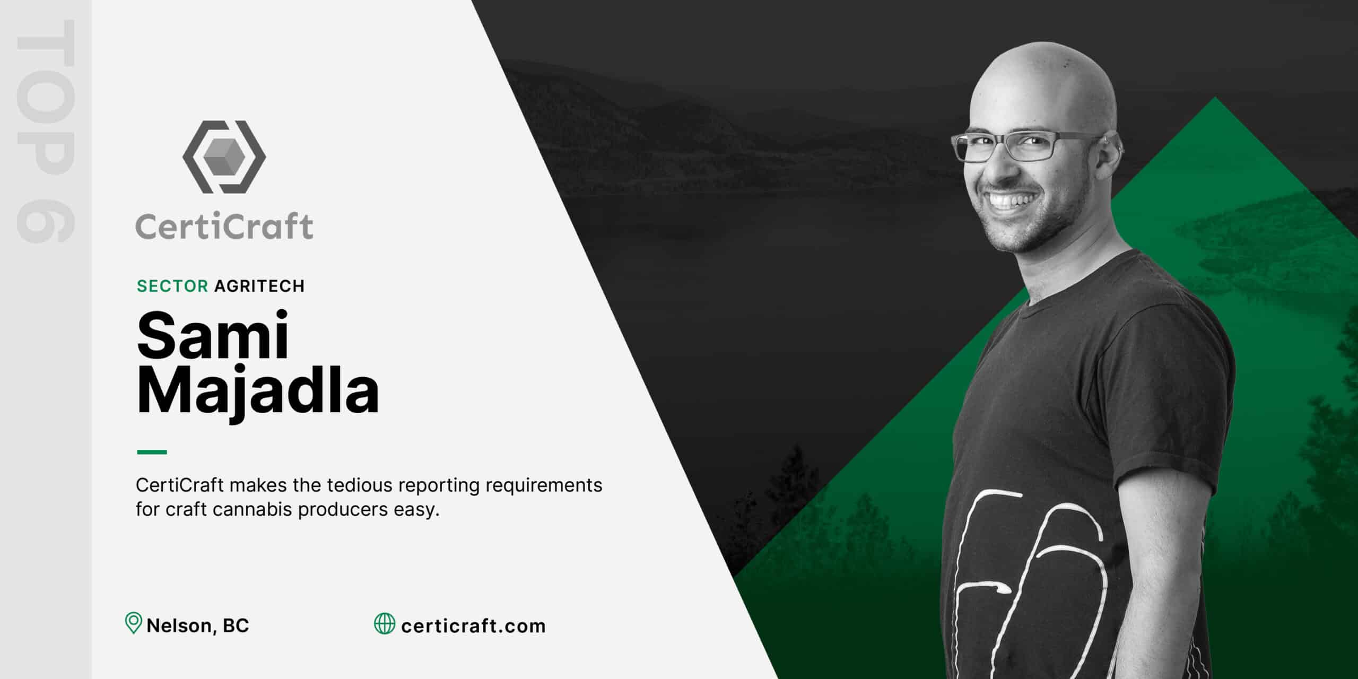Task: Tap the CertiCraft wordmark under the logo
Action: coord(224,227)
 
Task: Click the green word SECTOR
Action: coord(172,286)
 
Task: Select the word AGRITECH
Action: coord(259,286)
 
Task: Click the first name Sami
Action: coord(213,336)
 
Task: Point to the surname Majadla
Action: coord(258,393)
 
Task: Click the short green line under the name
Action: coord(152,452)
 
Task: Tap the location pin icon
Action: coord(133,625)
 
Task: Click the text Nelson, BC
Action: coord(198,626)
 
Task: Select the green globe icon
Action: coord(385,623)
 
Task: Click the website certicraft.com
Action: coord(473,626)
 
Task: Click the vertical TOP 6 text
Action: coord(46,132)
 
